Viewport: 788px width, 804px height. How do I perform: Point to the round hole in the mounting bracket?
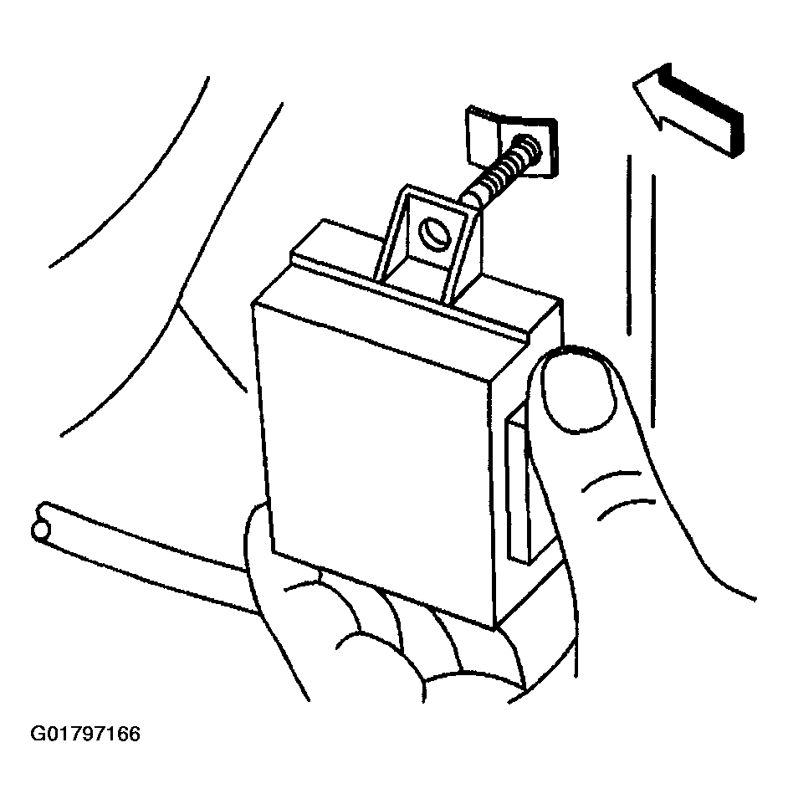pos(433,234)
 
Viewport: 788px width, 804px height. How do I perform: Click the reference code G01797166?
pos(85,735)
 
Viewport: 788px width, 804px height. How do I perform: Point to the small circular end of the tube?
pos(40,530)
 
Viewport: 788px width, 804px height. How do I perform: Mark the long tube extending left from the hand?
pos(144,554)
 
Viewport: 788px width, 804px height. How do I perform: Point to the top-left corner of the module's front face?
pos(253,304)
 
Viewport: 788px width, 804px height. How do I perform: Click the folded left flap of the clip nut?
pos(482,136)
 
